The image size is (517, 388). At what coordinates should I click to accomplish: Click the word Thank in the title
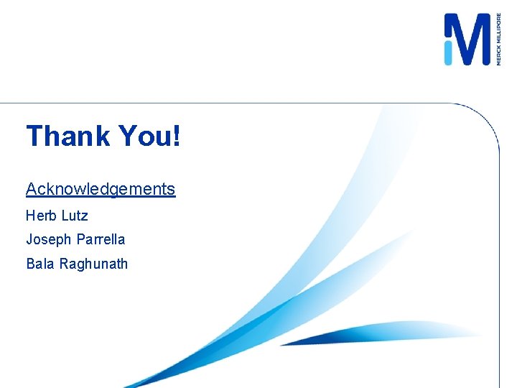[x=68, y=136]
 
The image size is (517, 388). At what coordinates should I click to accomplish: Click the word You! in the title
[x=149, y=136]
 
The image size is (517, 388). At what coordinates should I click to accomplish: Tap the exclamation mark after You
[x=176, y=136]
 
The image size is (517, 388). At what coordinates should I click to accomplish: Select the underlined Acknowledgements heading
[x=101, y=189]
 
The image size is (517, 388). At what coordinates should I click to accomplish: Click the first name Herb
[x=39, y=215]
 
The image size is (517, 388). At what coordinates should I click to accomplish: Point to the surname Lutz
[x=74, y=215]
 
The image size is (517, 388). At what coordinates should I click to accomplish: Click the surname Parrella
[x=99, y=239]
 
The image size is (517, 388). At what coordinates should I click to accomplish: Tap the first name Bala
[x=40, y=264]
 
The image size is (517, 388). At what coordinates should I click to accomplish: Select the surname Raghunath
[x=94, y=264]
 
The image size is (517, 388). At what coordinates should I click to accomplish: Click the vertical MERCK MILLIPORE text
[x=498, y=40]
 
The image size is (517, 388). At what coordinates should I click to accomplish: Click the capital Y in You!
[x=127, y=136]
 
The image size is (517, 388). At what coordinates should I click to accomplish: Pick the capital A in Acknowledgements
[x=32, y=189]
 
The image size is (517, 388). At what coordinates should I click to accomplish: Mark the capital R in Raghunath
[x=64, y=264]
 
